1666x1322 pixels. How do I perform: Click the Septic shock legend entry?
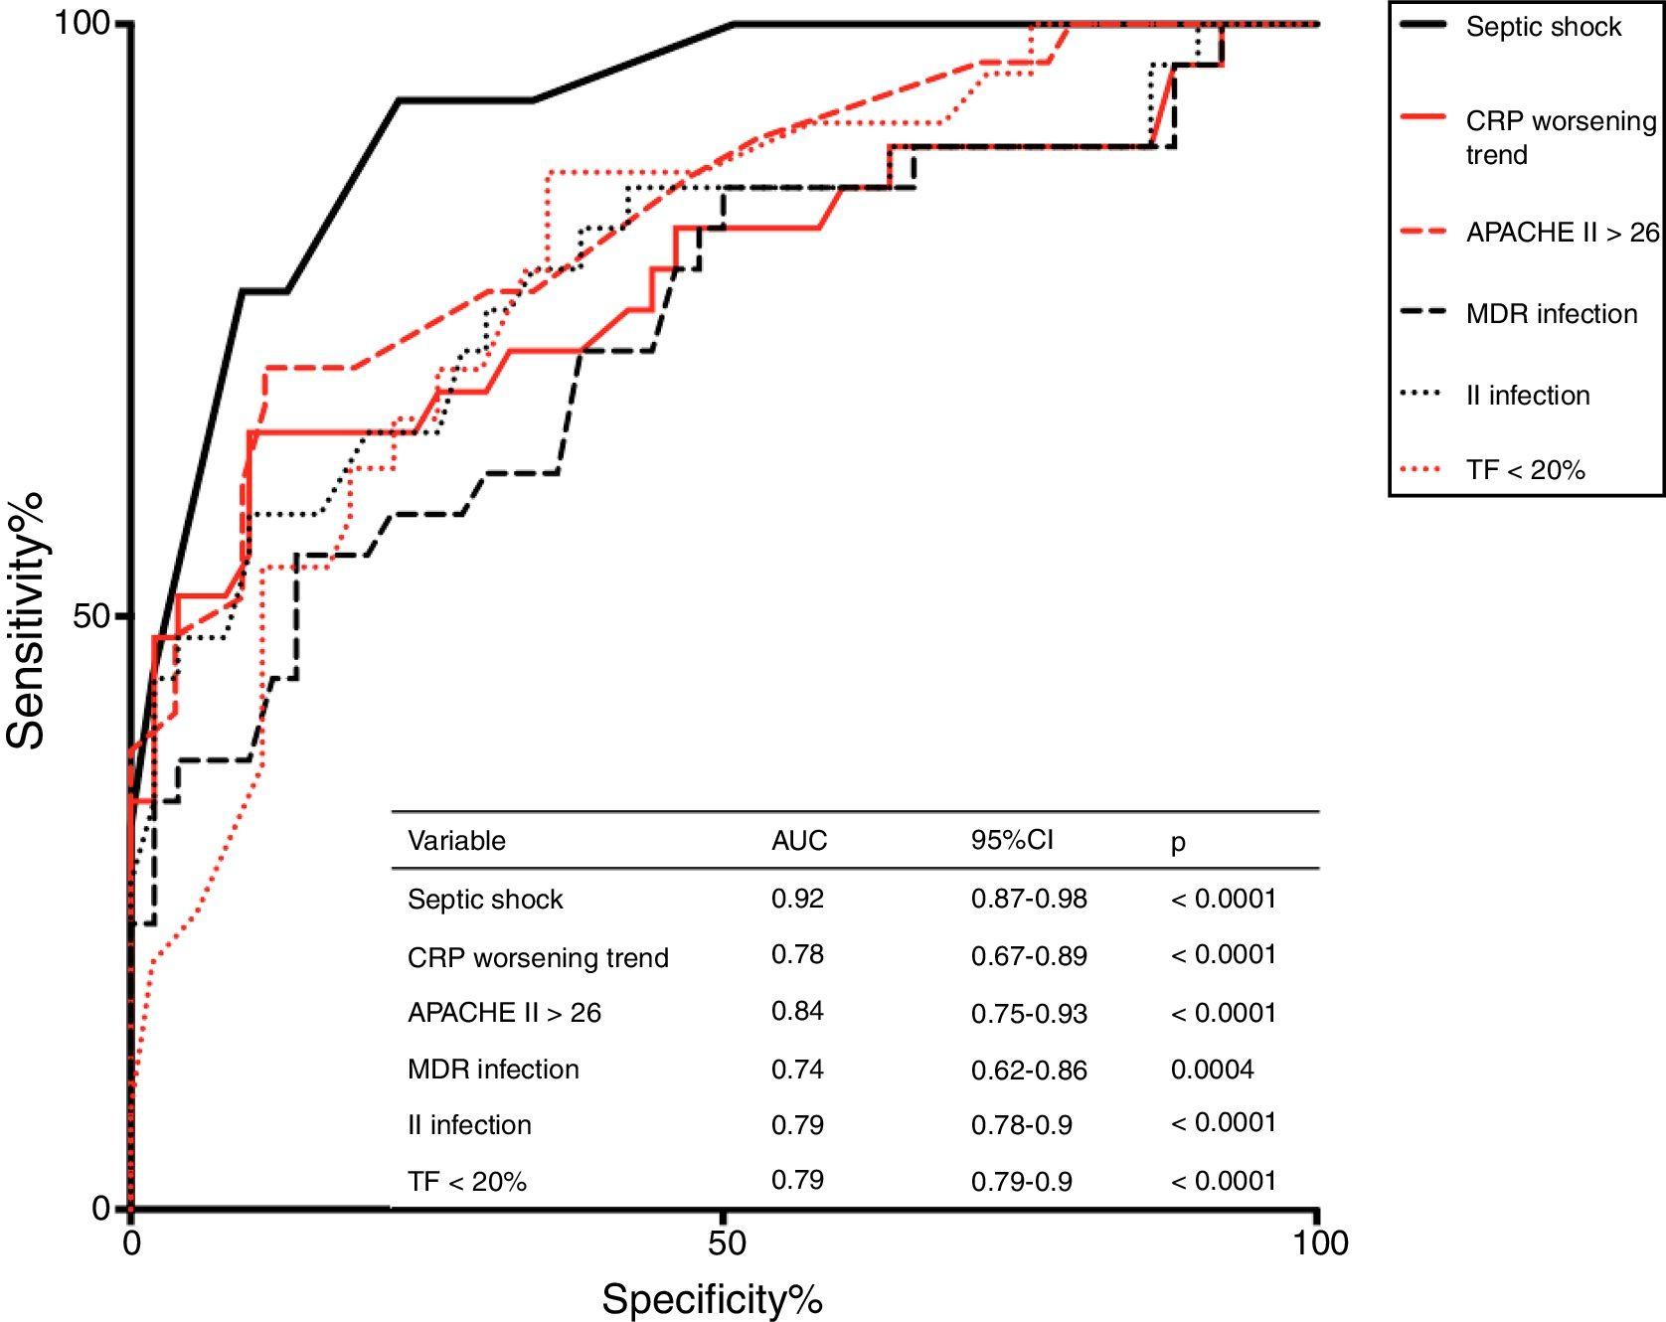click(1543, 27)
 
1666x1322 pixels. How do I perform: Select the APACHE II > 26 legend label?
click(1562, 232)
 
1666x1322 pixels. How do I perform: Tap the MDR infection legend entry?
click(1551, 314)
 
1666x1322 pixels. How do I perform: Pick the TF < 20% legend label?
click(1525, 469)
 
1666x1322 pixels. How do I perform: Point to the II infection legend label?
click(1528, 396)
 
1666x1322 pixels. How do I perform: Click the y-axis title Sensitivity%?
click(27, 616)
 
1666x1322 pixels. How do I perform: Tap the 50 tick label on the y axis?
click(90, 616)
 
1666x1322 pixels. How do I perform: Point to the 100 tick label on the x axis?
click(1317, 1242)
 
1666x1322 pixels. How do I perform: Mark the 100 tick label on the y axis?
click(81, 23)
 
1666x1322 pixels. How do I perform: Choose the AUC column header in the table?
click(798, 841)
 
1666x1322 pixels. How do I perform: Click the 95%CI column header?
click(1011, 840)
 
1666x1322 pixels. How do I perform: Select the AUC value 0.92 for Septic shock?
click(797, 899)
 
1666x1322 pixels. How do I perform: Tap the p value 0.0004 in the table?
click(1212, 1070)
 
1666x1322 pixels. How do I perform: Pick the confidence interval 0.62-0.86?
click(1029, 1071)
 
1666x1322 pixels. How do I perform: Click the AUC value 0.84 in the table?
click(797, 1011)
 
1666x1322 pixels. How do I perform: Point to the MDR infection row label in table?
click(493, 1070)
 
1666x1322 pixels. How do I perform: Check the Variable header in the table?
click(456, 841)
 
